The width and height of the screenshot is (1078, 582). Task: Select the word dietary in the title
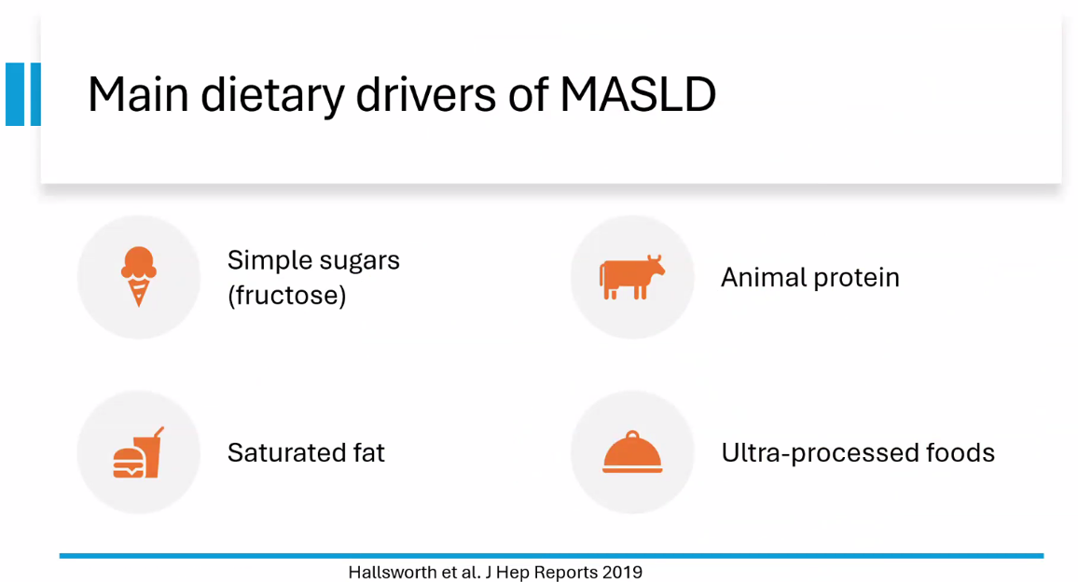point(271,96)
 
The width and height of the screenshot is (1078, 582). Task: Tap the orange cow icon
point(632,277)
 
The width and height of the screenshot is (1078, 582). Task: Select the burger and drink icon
point(138,452)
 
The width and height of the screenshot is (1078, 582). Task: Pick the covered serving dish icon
point(632,452)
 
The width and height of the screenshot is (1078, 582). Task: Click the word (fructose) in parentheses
point(286,296)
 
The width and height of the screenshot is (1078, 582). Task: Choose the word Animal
point(763,277)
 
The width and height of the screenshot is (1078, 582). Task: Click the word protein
point(857,279)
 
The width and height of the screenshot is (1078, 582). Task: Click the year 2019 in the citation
point(622,573)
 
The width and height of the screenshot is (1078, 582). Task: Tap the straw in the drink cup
point(159,433)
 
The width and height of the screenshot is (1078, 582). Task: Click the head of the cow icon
point(655,266)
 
